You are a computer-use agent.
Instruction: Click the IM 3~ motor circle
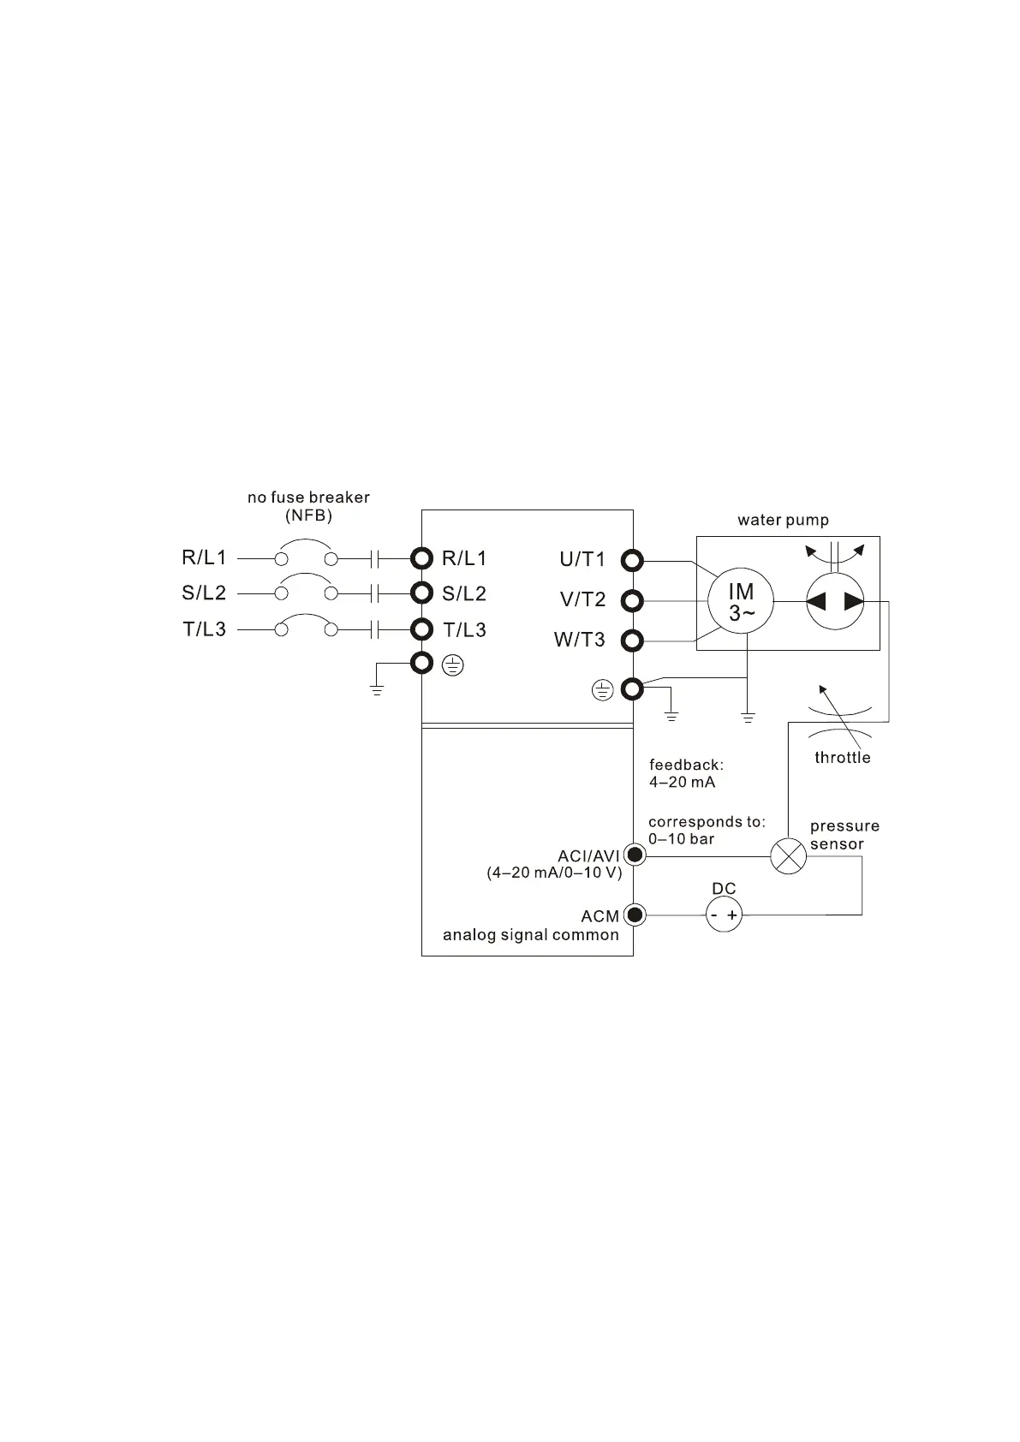click(x=741, y=601)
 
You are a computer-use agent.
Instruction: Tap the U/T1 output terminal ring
click(x=632, y=561)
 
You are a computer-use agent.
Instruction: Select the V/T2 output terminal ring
click(x=632, y=600)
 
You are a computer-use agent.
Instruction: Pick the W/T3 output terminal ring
click(x=632, y=641)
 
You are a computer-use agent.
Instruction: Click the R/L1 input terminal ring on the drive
click(x=421, y=559)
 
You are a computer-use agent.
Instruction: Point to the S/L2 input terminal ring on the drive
click(x=421, y=593)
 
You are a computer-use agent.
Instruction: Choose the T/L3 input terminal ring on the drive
click(x=421, y=629)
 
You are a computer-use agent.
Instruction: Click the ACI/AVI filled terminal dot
click(x=635, y=855)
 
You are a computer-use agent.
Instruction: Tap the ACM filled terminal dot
click(x=635, y=915)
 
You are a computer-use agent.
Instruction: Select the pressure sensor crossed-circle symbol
click(x=789, y=855)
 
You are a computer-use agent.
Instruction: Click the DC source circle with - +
click(x=724, y=915)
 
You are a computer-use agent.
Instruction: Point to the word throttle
click(x=842, y=758)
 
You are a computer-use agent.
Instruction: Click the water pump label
click(x=783, y=520)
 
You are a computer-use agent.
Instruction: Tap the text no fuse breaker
click(x=308, y=498)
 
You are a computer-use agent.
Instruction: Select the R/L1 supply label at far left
click(x=204, y=558)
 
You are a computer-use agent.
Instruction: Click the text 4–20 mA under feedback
click(x=682, y=783)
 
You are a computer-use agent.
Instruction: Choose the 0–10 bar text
click(x=681, y=839)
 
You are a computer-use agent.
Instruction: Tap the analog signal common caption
click(x=530, y=935)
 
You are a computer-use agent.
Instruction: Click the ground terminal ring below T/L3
click(x=421, y=663)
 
